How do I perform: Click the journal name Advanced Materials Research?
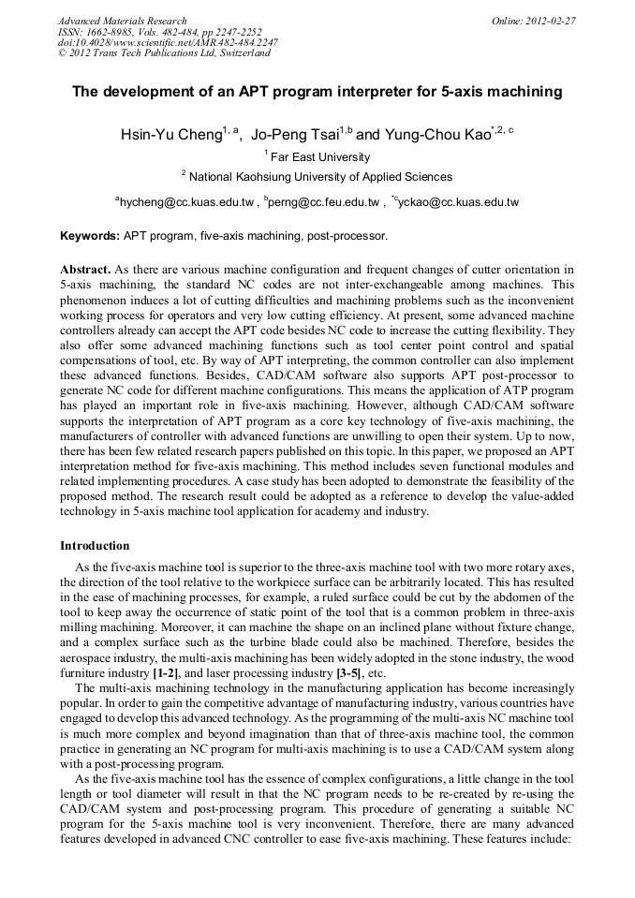pyautogui.click(x=122, y=21)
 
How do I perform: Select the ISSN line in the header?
pyautogui.click(x=159, y=32)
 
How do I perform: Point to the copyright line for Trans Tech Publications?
pyautogui.click(x=164, y=53)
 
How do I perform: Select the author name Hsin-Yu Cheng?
pyautogui.click(x=170, y=135)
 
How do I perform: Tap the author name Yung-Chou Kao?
pyautogui.click(x=436, y=135)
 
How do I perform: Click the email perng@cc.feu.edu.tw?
pyautogui.click(x=324, y=201)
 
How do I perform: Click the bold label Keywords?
pyautogui.click(x=90, y=236)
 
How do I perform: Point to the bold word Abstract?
pyautogui.click(x=85, y=269)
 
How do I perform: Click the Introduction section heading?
pyautogui.click(x=95, y=545)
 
